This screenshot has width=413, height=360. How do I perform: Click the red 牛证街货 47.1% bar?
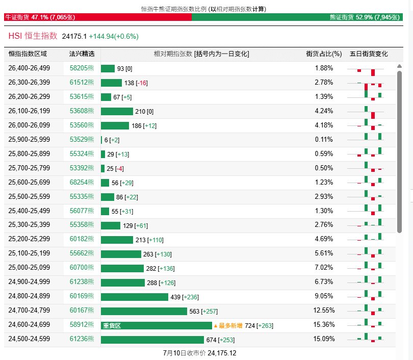(98, 17)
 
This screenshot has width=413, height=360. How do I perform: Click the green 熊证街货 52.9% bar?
(297, 17)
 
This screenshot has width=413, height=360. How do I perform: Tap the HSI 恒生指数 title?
(33, 36)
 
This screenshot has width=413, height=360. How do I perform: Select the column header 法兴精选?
(82, 54)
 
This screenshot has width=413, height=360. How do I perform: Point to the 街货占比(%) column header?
(324, 54)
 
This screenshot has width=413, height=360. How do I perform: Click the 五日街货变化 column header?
(369, 54)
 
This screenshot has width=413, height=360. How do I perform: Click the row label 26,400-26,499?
(29, 68)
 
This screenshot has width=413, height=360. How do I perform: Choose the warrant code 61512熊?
(82, 83)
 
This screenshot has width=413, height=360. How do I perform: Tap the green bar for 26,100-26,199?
(117, 111)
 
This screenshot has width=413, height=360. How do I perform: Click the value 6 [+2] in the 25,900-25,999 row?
(112, 140)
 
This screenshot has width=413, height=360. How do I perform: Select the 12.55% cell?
(324, 310)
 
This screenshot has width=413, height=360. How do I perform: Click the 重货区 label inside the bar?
(112, 326)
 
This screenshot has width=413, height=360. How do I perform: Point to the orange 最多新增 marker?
(228, 326)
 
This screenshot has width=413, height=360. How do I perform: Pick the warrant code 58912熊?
(82, 324)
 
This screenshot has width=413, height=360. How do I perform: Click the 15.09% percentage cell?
(324, 339)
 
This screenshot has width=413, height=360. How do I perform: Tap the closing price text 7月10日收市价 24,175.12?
(200, 353)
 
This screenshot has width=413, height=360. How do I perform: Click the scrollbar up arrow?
(400, 66)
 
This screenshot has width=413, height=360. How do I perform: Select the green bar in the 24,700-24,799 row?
(144, 311)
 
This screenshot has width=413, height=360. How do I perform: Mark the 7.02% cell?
(324, 268)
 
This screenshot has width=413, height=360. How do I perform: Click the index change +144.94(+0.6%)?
(114, 36)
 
